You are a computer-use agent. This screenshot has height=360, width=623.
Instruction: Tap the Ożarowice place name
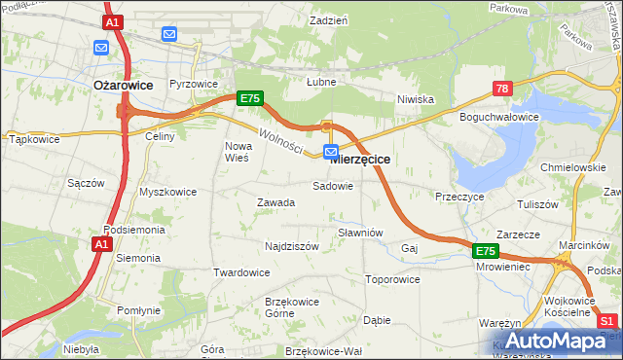123,86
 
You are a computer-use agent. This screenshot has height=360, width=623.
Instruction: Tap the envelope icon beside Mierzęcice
331,152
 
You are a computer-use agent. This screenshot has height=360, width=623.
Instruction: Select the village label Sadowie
332,186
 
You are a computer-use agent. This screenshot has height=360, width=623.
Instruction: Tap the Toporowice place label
391,279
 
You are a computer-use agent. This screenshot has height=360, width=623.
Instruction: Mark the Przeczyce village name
460,196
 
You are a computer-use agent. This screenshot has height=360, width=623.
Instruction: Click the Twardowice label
241,272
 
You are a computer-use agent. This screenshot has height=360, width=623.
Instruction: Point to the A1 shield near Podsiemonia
102,245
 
